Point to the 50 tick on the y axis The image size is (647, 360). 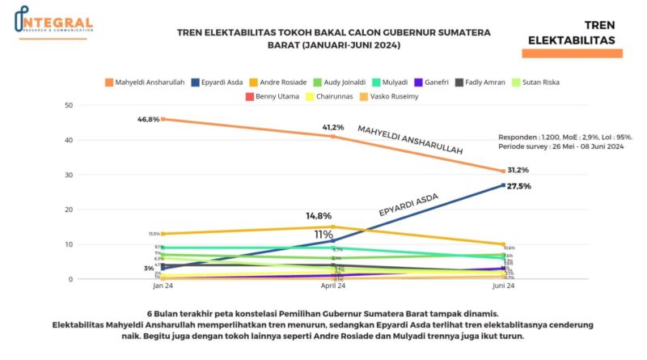pos(69,106)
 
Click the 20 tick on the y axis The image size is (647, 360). pos(69,210)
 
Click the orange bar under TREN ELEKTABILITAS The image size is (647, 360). pos(572,53)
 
